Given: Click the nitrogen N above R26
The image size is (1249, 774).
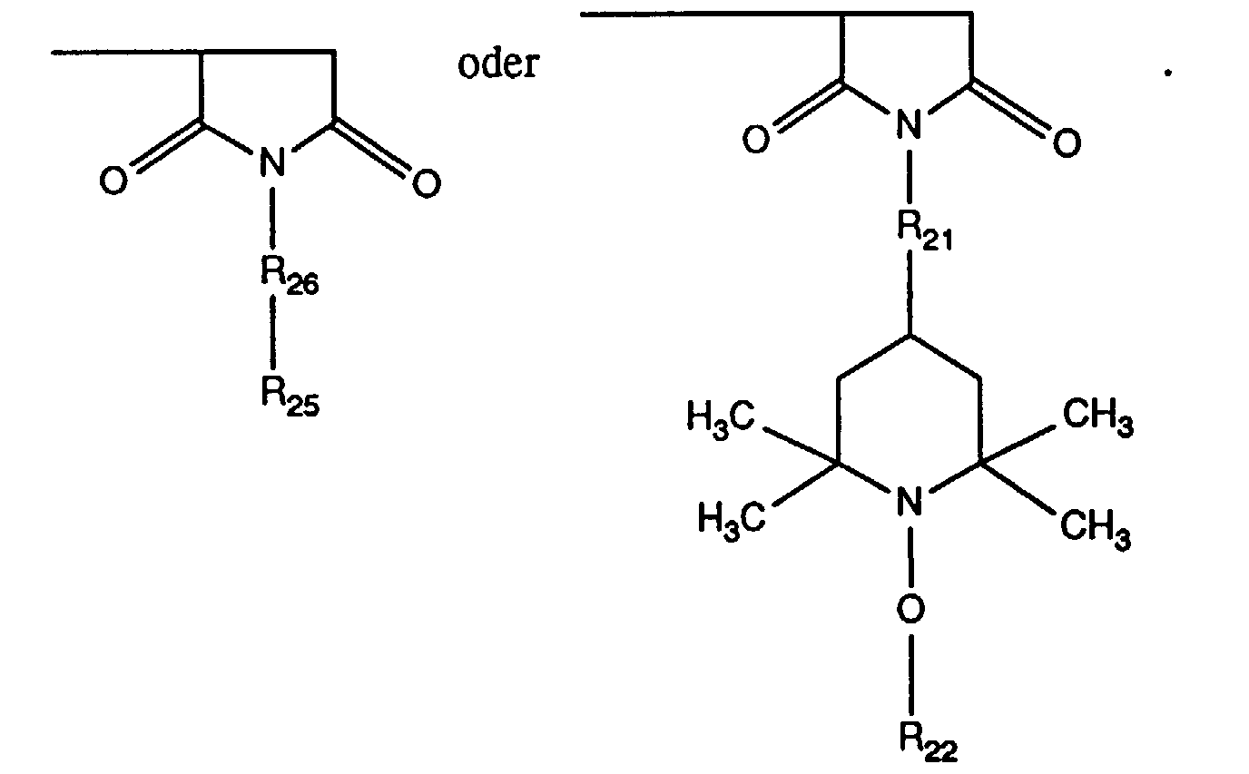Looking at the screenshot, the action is (270, 163).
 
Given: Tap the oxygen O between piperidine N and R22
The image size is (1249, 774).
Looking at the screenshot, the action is (912, 612).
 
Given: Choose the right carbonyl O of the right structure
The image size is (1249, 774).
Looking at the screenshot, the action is (1067, 143).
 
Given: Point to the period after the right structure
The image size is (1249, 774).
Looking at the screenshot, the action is (1168, 73).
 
